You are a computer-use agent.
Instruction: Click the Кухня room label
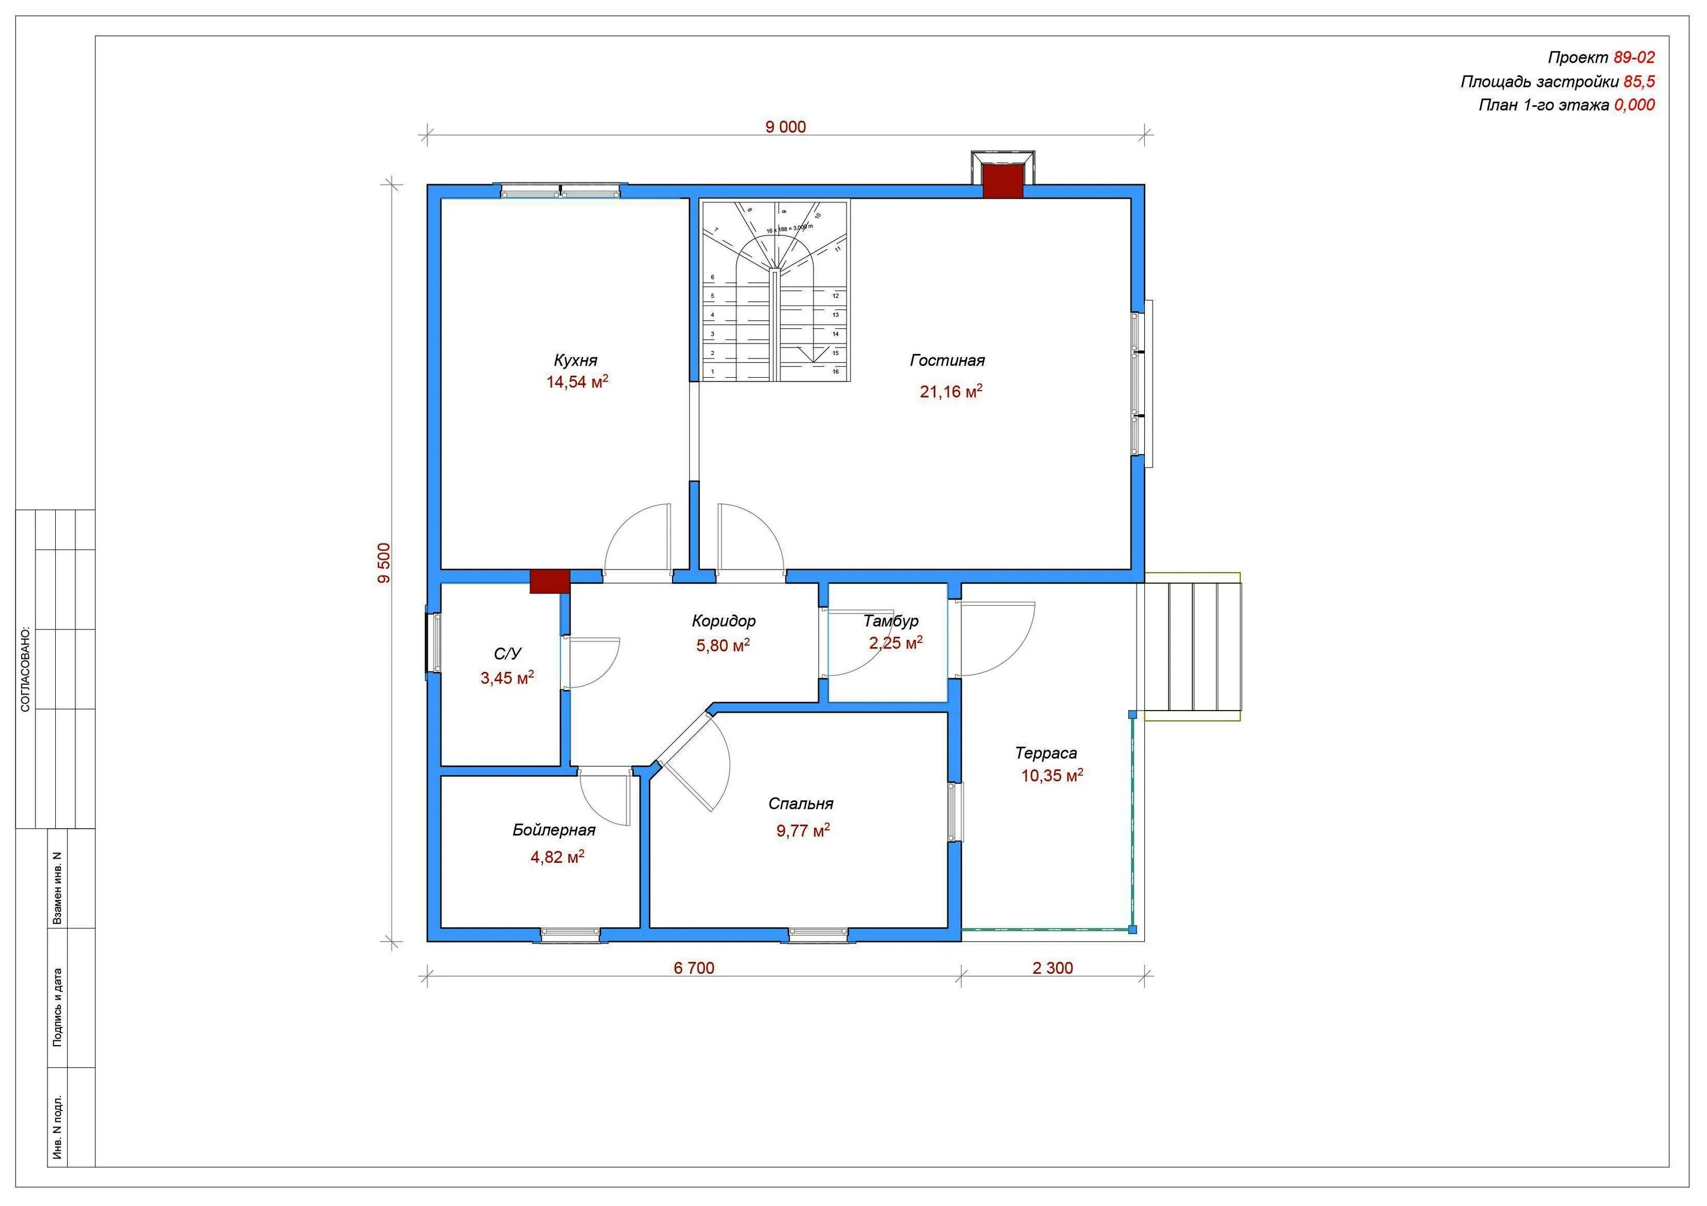[x=575, y=361]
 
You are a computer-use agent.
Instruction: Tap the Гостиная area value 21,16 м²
[x=951, y=391]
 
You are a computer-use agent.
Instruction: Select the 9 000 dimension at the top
[x=786, y=127]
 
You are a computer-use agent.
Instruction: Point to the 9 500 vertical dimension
[x=384, y=563]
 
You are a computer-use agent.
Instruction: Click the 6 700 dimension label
[x=694, y=968]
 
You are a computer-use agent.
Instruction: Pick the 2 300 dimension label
[x=1053, y=968]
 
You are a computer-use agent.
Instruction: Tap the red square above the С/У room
[x=550, y=581]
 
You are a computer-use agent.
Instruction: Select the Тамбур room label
[x=890, y=621]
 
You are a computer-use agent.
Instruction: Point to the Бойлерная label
[x=554, y=830]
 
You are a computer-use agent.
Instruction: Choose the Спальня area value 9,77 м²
[x=803, y=830]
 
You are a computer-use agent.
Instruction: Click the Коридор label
[x=723, y=621]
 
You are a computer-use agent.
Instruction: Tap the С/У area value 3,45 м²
[x=507, y=678]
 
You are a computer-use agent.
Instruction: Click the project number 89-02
[x=1634, y=58]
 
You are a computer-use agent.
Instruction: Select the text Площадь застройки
[x=1539, y=82]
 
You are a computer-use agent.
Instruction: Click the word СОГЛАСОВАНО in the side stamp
[x=25, y=670]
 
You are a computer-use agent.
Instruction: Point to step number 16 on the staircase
[x=836, y=371]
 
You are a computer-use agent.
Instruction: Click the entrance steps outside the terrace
[x=1193, y=646]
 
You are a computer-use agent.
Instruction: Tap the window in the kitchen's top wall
[x=560, y=190]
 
